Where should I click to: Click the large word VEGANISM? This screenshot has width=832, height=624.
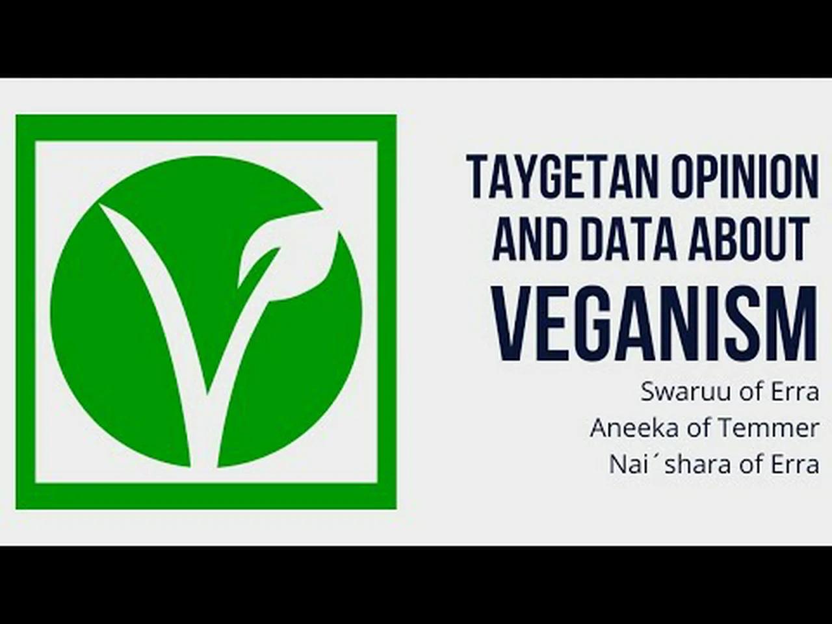654,323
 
